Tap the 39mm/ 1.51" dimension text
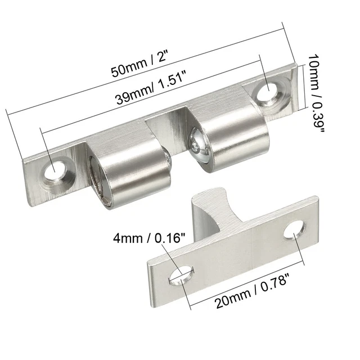pos(151,87)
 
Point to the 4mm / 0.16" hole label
pos(149,237)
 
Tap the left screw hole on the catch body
pos(55,170)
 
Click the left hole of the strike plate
pos(181,276)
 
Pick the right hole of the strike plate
pos(294,229)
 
